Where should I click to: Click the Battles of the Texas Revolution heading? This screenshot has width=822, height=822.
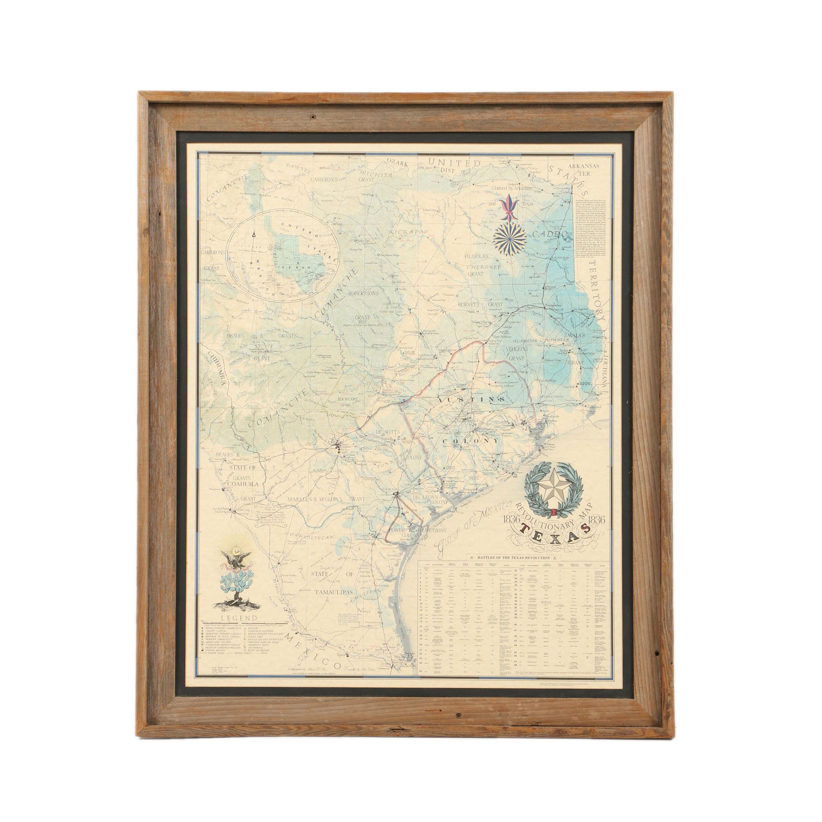point(513,557)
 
